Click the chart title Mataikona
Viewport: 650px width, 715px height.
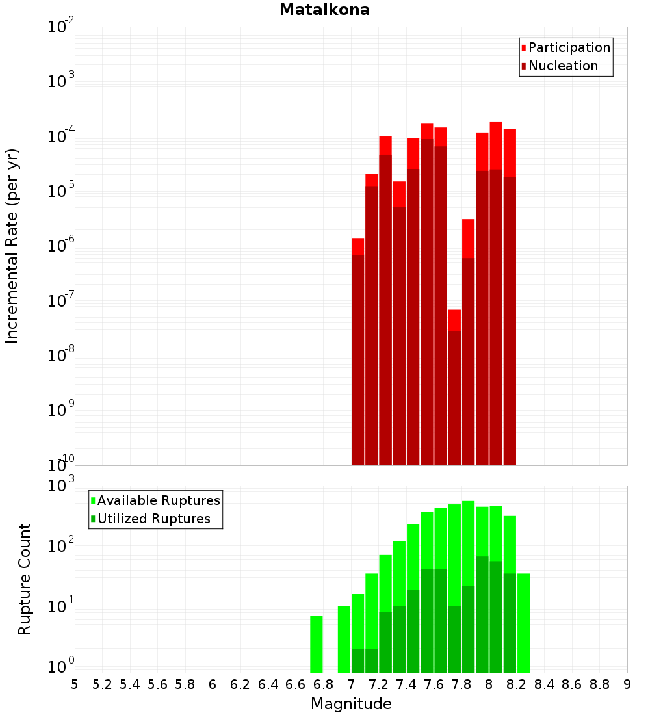click(324, 10)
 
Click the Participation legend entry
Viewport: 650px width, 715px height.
click(569, 47)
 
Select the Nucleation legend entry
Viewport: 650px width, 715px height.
click(563, 66)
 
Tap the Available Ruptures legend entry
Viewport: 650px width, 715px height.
click(159, 500)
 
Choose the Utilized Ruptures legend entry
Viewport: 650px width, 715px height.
click(153, 519)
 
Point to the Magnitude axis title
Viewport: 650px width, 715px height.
click(351, 704)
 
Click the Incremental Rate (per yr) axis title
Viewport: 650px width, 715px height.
click(12, 246)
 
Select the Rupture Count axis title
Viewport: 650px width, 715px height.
click(25, 578)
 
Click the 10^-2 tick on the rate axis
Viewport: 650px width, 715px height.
click(61, 27)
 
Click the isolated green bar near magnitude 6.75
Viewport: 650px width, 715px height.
click(317, 644)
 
